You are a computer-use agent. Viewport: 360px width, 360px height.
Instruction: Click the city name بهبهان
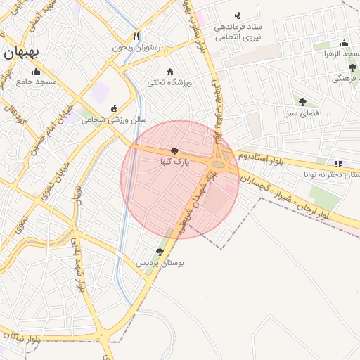(20, 52)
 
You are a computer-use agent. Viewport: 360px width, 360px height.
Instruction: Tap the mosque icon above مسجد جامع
(37, 71)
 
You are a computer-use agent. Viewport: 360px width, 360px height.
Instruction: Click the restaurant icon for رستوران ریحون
(136, 37)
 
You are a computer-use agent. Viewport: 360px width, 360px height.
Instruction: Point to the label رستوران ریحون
(136, 48)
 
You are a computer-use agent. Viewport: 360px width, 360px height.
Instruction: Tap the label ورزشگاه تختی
(169, 82)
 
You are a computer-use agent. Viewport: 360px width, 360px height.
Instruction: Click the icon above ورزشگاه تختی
(169, 71)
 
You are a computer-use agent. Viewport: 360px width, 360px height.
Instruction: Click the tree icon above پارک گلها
(174, 151)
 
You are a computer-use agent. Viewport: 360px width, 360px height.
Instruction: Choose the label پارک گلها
(174, 162)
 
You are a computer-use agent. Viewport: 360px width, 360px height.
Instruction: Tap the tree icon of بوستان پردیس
(160, 251)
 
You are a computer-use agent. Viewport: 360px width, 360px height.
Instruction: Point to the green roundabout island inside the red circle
(219, 166)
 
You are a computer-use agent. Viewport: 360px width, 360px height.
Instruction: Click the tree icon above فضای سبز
(302, 102)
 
